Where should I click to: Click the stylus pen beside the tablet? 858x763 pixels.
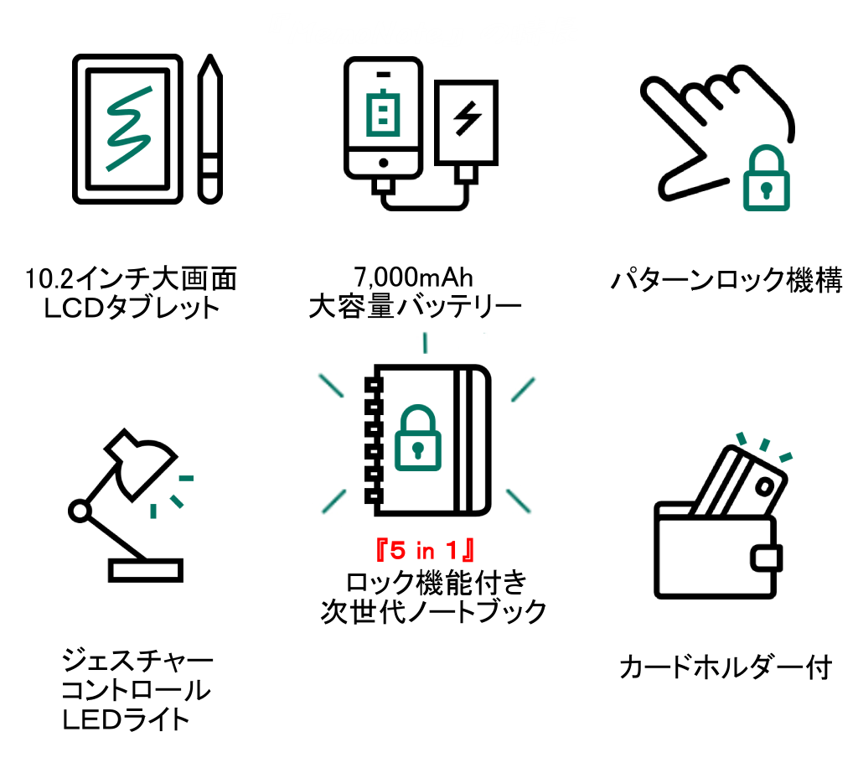pyautogui.click(x=211, y=130)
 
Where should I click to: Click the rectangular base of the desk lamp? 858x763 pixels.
pyautogui.click(x=146, y=570)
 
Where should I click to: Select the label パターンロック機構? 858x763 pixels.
pyautogui.click(x=726, y=280)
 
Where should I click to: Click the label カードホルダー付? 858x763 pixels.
pyautogui.click(x=726, y=668)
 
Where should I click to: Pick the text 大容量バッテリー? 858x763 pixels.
pyautogui.click(x=415, y=307)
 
